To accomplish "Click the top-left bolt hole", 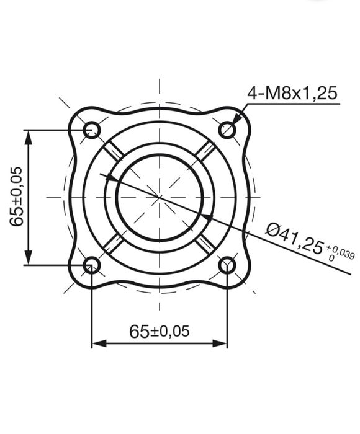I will click(x=92, y=130).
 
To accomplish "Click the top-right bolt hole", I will click(x=228, y=130).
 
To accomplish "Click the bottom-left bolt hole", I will click(x=92, y=265).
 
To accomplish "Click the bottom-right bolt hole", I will click(x=228, y=265).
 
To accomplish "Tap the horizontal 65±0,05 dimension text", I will click(x=159, y=331).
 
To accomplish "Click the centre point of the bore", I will click(x=160, y=197).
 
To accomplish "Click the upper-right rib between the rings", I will click(x=207, y=150).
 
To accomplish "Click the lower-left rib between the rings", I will click(x=113, y=244).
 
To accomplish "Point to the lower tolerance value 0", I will click(x=331, y=257).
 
